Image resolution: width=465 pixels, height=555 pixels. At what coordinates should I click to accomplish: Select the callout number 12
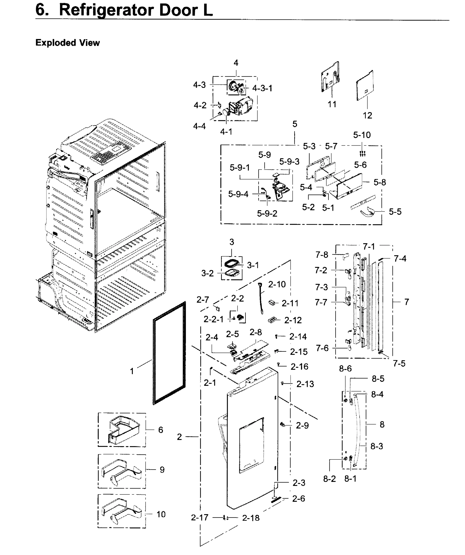click(x=367, y=115)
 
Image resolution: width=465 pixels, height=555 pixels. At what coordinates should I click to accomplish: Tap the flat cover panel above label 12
click(x=365, y=86)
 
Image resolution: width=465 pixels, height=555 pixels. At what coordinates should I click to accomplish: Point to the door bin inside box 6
click(x=124, y=429)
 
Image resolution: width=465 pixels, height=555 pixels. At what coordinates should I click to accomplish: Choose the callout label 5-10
click(x=362, y=135)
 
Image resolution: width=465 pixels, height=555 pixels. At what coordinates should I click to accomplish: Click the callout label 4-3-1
click(x=262, y=88)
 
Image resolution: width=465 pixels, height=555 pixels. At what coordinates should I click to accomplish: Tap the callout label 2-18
click(x=251, y=518)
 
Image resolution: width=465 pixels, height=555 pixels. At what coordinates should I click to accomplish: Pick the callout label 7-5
click(x=399, y=364)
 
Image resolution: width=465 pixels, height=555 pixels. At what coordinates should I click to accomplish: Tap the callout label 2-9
click(x=302, y=425)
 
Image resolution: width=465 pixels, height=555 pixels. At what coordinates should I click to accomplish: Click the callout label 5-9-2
click(x=267, y=213)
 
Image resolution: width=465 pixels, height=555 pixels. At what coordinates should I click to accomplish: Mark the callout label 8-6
click(x=345, y=369)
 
